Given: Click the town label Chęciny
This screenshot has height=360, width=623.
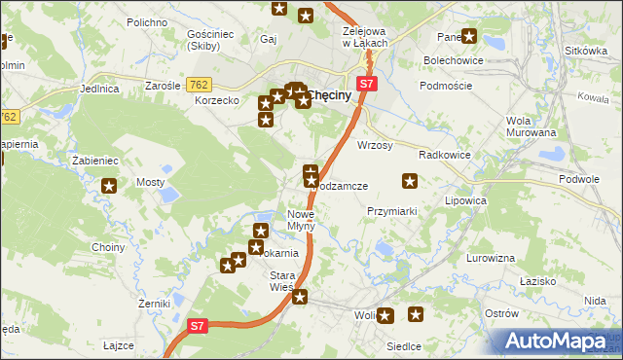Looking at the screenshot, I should point(329,95).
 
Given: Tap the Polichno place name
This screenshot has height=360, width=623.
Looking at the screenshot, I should point(146,21).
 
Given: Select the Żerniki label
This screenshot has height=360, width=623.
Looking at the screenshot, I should point(127,305).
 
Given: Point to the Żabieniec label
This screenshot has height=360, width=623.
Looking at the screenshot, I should point(94,161).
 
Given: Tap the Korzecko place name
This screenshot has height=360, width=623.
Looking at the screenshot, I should point(216,100).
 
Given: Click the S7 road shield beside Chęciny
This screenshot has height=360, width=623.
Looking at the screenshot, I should point(366,84).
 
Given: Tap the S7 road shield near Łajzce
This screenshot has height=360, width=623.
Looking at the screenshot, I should point(198,326).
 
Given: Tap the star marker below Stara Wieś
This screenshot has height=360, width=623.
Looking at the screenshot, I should point(300,297).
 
